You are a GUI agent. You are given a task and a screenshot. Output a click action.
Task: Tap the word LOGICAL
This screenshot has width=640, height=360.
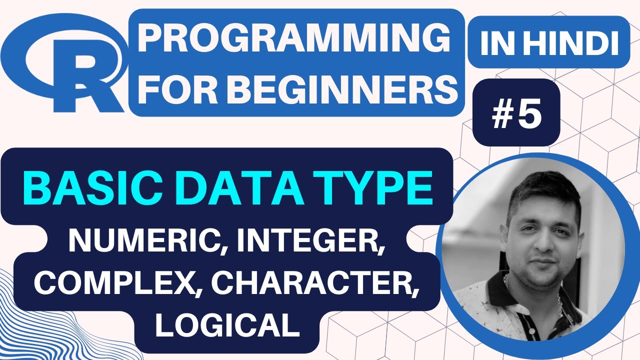(x=227, y=325)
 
